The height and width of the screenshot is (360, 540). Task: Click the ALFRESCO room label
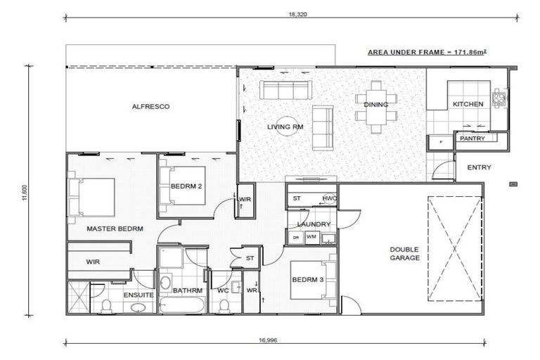click(x=151, y=107)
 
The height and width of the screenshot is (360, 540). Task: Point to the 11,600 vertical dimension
click(x=25, y=191)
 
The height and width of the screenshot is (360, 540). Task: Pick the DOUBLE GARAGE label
click(x=406, y=253)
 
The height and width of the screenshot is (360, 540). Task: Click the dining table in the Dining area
click(x=376, y=106)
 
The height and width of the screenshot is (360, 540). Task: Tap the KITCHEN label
click(x=468, y=104)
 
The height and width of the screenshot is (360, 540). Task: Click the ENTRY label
click(x=479, y=167)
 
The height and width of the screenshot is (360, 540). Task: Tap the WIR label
click(x=93, y=262)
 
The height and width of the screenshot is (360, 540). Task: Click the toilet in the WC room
click(x=224, y=305)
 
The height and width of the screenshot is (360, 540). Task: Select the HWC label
click(x=329, y=199)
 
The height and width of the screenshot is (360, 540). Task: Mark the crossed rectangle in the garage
click(x=454, y=248)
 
